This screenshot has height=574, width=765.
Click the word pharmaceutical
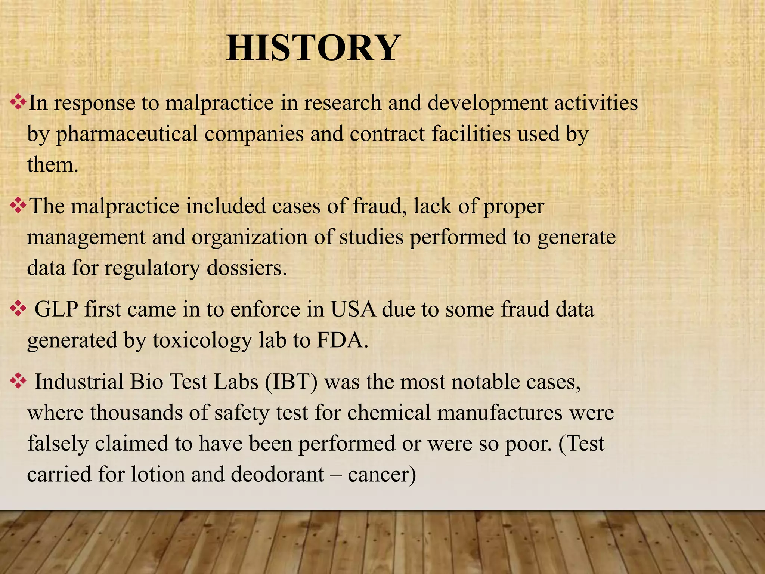(127, 134)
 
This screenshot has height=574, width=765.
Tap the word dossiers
(246, 268)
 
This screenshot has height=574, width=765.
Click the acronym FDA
(342, 340)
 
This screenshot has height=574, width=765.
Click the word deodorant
(277, 475)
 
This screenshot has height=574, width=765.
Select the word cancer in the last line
(381, 475)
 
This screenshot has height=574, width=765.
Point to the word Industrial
(79, 382)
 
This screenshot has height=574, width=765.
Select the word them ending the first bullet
(52, 165)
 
